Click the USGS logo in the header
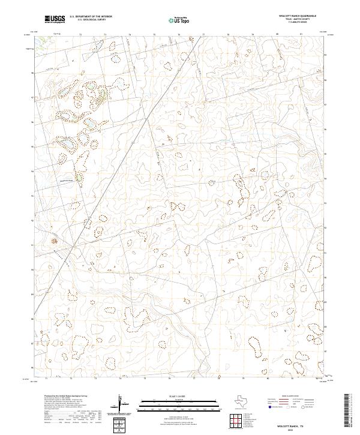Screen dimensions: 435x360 (55, 19)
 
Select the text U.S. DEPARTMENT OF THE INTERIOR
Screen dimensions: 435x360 (91, 16)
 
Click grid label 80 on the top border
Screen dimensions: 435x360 (277, 34)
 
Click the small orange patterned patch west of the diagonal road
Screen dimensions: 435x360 (53, 240)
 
